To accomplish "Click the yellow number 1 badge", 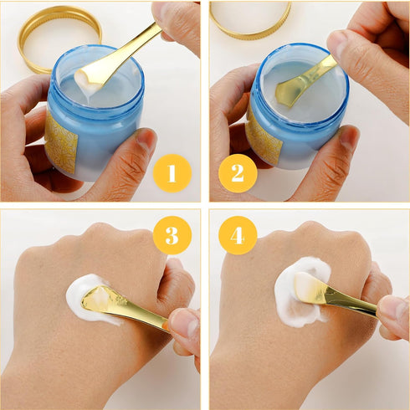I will click(x=172, y=173).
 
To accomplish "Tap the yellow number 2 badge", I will click(x=237, y=173).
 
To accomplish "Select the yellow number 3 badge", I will click(x=172, y=236).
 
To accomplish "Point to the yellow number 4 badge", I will click(x=237, y=236).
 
